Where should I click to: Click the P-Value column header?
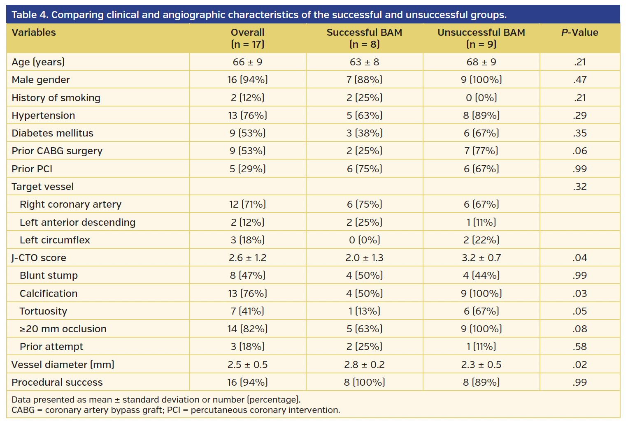(x=579, y=32)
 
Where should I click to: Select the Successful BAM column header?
(x=364, y=38)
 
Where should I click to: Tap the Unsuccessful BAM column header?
(x=481, y=38)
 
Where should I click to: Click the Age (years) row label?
(x=38, y=62)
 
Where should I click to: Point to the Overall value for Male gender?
(x=247, y=80)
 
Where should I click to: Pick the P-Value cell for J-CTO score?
(x=579, y=258)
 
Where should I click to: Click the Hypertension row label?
(x=43, y=116)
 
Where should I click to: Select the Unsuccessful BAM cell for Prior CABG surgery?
(x=481, y=151)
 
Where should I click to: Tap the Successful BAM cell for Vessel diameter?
(x=364, y=365)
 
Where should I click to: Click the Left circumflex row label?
(x=55, y=240)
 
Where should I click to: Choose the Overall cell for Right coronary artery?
(x=247, y=204)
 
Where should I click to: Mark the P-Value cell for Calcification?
(x=579, y=294)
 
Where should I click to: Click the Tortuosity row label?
(x=43, y=311)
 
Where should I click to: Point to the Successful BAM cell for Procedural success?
(x=364, y=382)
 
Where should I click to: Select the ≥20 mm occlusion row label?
(x=63, y=329)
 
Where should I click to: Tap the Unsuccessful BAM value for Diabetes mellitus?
(x=481, y=133)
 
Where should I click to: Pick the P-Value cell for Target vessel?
(x=579, y=187)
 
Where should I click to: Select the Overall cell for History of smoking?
(x=247, y=98)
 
